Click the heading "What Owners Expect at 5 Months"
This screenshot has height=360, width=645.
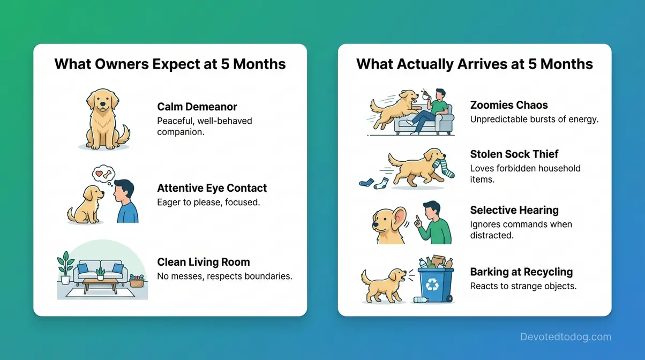[x=170, y=64]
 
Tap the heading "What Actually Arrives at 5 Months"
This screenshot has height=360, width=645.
[x=474, y=64]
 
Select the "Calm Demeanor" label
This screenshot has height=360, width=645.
[x=197, y=107]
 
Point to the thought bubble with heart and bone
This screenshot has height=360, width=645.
[x=104, y=175]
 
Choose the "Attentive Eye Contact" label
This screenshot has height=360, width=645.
[x=212, y=188]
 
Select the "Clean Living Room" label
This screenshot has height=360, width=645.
[x=203, y=262]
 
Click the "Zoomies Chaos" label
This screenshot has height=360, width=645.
[x=509, y=105]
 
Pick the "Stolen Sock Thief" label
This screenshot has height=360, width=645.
[x=514, y=154]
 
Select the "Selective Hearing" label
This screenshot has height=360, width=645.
[x=514, y=210]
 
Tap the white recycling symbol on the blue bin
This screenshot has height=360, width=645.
[x=432, y=283]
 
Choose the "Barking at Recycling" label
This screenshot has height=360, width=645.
[x=521, y=272]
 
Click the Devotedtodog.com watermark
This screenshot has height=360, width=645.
[x=565, y=337]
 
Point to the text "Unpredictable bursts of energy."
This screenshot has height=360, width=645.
[x=534, y=119]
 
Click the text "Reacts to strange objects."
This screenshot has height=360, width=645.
[x=523, y=286]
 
